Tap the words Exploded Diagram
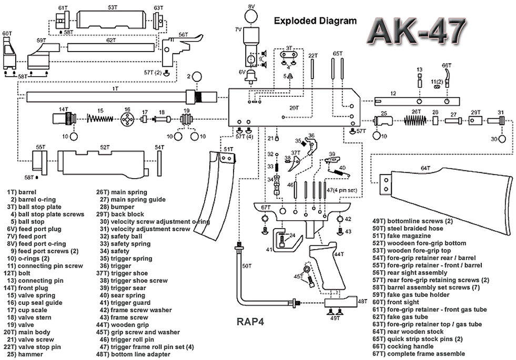tap(315, 21)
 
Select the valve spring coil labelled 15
tap(100, 119)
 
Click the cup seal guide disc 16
tap(126, 119)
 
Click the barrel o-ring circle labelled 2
tap(197, 77)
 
